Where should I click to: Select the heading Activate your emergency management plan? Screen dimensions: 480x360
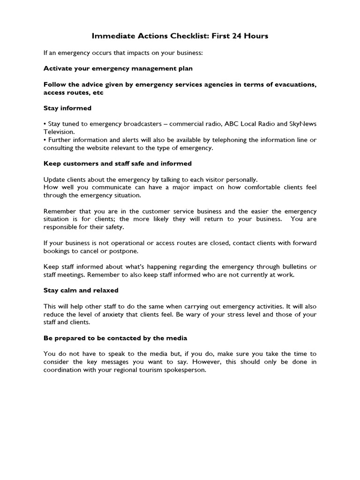click(118, 68)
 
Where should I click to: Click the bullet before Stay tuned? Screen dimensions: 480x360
click(45, 124)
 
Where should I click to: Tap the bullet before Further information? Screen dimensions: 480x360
click(45, 140)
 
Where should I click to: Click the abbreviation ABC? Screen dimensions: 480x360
click(232, 124)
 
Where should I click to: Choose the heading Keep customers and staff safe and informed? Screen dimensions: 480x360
click(118, 164)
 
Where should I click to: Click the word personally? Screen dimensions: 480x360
click(241, 180)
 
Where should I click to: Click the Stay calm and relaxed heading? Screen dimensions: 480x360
click(81, 290)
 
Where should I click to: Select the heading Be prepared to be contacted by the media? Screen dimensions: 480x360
click(115, 338)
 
